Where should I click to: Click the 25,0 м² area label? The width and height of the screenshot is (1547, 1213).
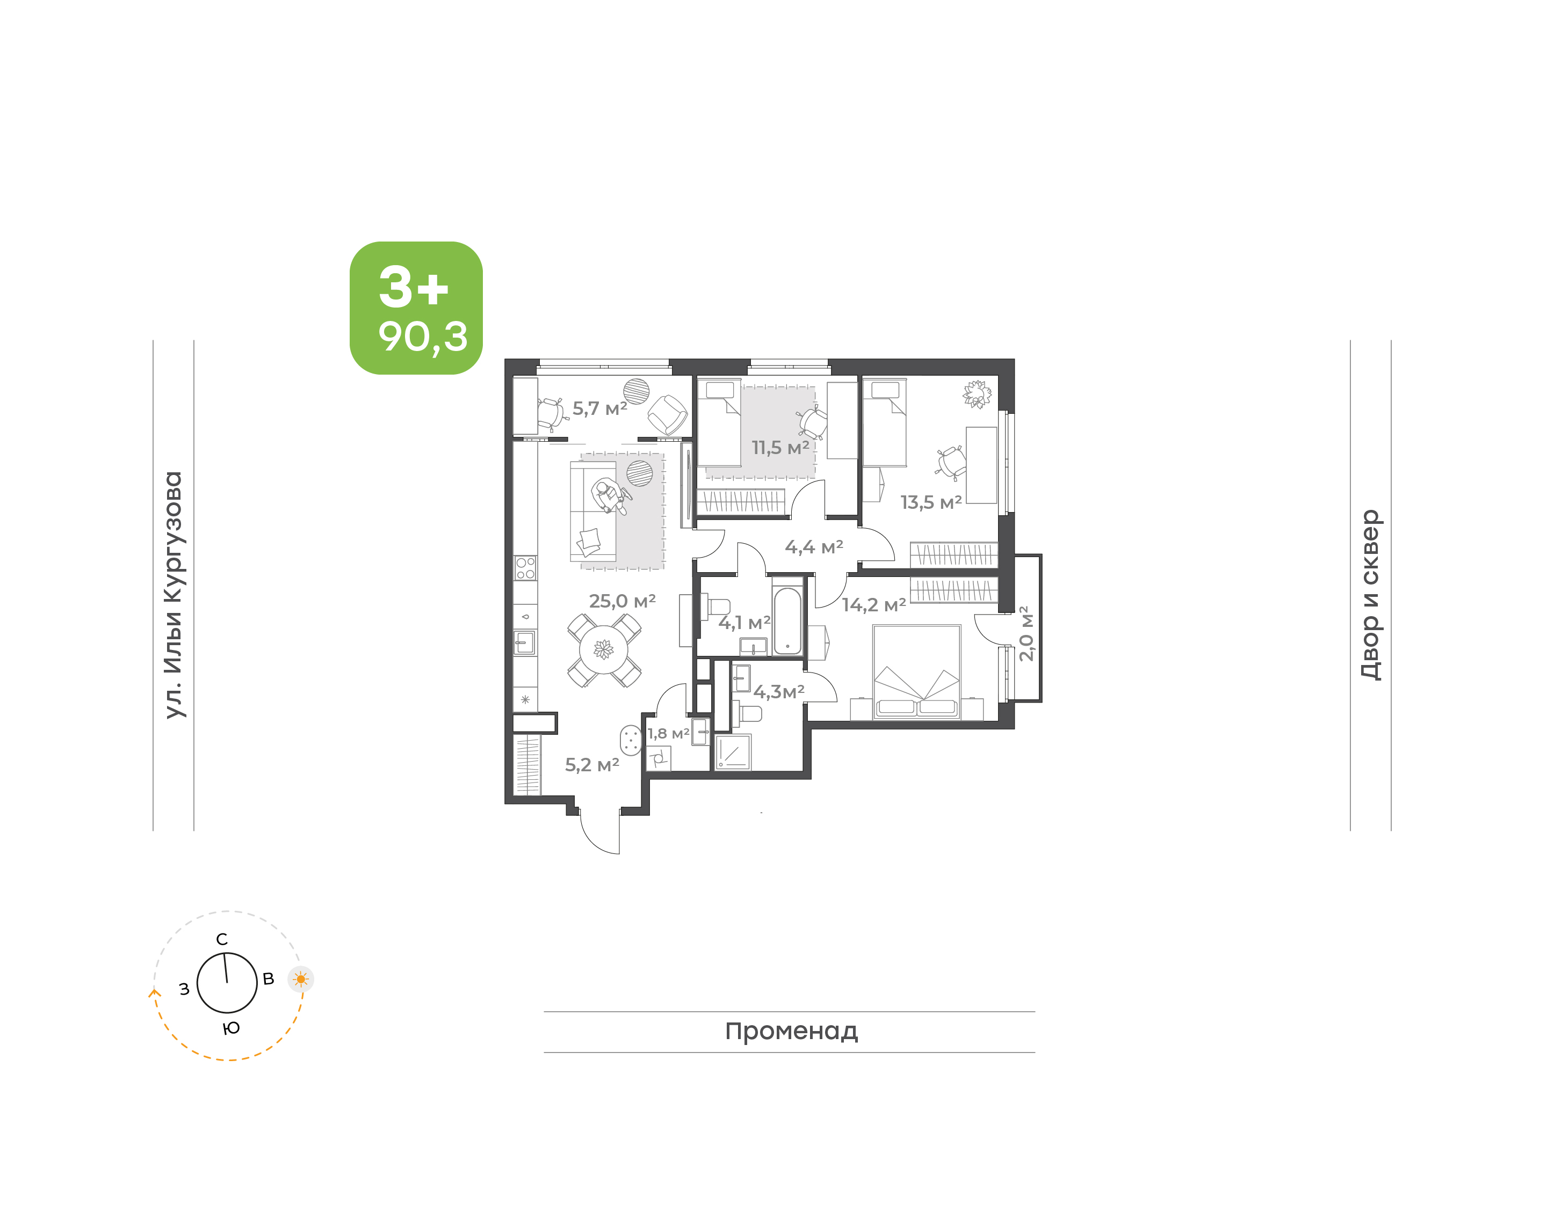coord(622,602)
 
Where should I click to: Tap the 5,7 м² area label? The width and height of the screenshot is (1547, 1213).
coord(600,408)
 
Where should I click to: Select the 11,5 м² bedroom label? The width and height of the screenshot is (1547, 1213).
coord(780,448)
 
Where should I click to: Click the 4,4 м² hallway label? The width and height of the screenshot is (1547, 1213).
coord(814,547)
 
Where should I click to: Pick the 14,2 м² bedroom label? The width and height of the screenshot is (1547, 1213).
coord(874,605)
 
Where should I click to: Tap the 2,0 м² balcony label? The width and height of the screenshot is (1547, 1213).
coord(1025,633)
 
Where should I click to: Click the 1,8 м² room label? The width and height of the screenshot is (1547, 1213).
coord(668,733)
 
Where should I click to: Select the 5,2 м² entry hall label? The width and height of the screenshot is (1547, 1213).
coord(592,765)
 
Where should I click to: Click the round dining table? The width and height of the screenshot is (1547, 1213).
coord(603,649)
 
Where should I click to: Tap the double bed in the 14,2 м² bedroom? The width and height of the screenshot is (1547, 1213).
coord(917,672)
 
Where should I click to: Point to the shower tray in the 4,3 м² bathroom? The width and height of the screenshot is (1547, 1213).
coord(733,752)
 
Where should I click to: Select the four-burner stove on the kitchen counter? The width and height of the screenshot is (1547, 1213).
coord(525,568)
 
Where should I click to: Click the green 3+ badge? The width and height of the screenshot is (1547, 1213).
coord(416,308)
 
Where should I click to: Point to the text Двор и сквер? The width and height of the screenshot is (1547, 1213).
coord(1370,595)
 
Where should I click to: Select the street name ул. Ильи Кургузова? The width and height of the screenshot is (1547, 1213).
coord(174,595)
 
